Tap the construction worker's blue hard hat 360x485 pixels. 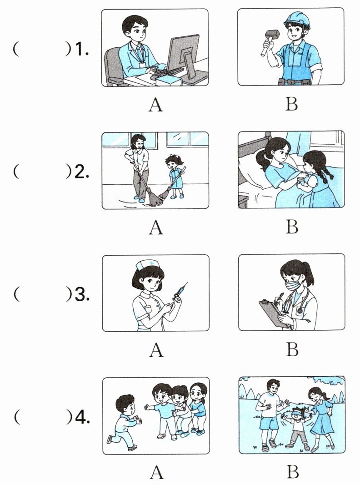coord(298,20)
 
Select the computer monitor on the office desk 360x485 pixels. coord(184,54)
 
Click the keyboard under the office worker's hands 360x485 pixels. coord(165,72)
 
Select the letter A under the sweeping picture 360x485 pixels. coord(156,227)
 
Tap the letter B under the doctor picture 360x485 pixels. coord(292,349)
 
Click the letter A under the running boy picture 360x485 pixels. coord(156,472)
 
